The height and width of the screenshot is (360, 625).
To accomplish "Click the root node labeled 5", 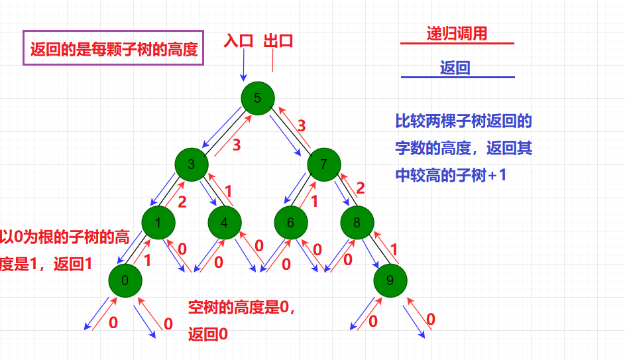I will click(x=258, y=98).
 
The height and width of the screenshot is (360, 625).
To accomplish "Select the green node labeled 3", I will click(x=192, y=164).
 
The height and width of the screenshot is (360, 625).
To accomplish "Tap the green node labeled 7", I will click(x=323, y=164).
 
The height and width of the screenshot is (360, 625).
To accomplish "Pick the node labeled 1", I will click(x=158, y=223).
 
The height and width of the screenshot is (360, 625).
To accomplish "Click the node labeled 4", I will click(x=225, y=223).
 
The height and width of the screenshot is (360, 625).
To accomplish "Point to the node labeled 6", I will click(x=290, y=223).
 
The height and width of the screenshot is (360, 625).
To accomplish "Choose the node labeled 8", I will click(x=357, y=223).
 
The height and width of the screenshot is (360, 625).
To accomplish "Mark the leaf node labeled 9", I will click(x=390, y=280).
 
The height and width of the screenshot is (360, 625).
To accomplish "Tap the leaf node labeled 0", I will click(x=125, y=280).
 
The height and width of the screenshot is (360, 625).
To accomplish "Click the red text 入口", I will click(x=239, y=40).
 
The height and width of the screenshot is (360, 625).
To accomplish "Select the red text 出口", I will click(x=278, y=40).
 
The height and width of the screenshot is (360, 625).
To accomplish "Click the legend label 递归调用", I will click(x=457, y=34).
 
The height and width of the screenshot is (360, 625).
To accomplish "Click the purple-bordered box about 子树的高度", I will click(x=113, y=48).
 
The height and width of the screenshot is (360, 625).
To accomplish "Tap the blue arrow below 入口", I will click(x=243, y=66).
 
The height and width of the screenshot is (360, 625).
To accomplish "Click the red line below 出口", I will click(x=272, y=63).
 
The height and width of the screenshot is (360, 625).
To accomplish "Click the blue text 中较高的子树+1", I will click(x=450, y=176).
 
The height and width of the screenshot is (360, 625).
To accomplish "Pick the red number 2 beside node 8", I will click(x=361, y=188).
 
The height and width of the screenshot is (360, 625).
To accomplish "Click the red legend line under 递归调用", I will click(x=457, y=44).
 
